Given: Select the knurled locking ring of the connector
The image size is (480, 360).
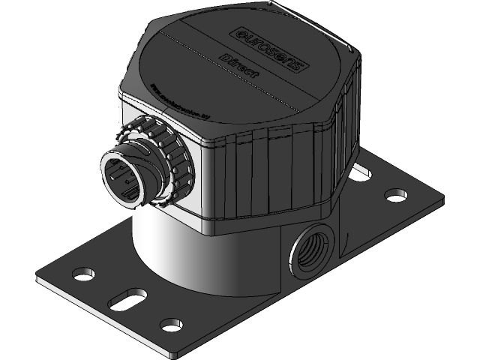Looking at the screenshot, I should pyautogui.click(x=162, y=158).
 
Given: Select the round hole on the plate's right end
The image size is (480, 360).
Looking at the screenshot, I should pyautogui.click(x=393, y=195).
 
